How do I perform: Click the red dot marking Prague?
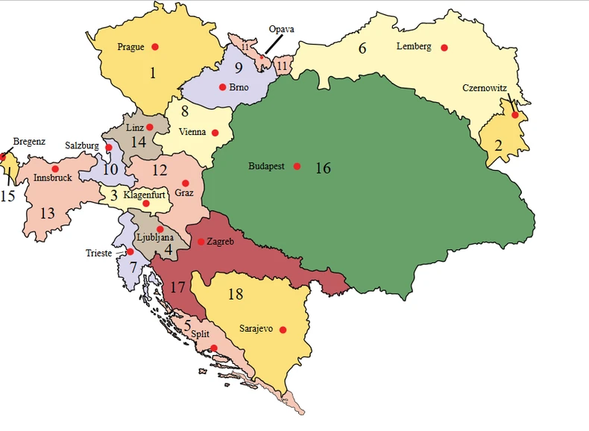click(x=155, y=47)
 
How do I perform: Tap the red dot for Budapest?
click(x=297, y=166)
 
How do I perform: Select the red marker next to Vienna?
click(x=215, y=133)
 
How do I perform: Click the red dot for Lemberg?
click(x=444, y=48)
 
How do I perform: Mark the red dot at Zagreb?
click(x=201, y=242)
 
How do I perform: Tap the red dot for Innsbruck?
click(x=55, y=169)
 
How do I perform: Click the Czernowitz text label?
click(x=485, y=88)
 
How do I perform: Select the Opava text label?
click(x=282, y=29)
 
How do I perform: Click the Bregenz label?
click(x=29, y=141)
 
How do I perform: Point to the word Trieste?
click(x=99, y=254)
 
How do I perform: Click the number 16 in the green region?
click(x=323, y=168)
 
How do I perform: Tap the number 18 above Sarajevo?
click(x=235, y=295)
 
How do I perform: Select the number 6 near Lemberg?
click(x=363, y=49)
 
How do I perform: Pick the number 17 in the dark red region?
click(x=177, y=286)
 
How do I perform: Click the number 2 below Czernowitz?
click(x=498, y=143)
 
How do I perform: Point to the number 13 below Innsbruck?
click(x=47, y=214)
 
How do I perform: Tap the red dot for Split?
click(x=214, y=348)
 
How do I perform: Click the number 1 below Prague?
click(x=153, y=73)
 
